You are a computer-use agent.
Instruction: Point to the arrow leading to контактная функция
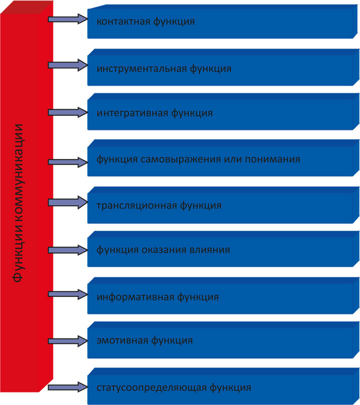coord(68,19)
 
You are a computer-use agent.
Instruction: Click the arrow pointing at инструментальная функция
coord(68,65)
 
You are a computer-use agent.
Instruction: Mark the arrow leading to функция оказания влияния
coord(68,249)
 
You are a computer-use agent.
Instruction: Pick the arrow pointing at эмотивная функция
coord(68,340)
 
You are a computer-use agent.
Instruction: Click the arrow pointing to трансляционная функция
coord(68,203)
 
